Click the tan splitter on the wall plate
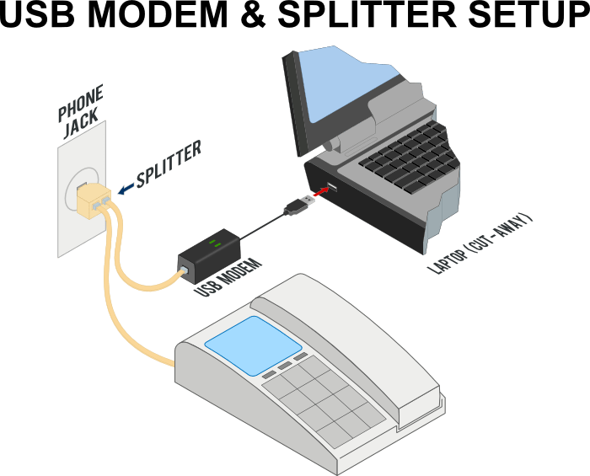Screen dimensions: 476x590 point(90,198)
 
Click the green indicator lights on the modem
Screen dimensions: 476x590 point(215,244)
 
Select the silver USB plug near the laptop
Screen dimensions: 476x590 point(296,205)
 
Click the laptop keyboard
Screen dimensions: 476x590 point(405,160)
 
